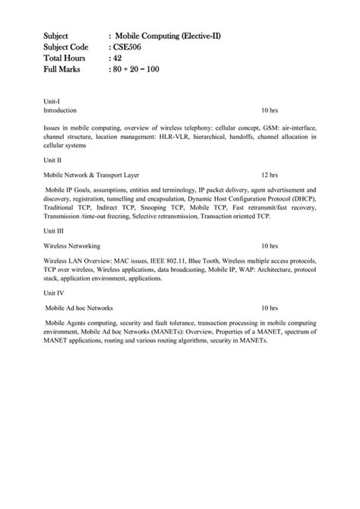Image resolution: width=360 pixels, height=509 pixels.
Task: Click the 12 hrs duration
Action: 270,174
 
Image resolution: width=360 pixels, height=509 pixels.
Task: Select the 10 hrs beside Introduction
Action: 270,110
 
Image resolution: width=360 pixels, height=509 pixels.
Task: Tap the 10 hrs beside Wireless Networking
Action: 270,246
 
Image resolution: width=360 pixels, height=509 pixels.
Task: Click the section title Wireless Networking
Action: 72,246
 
